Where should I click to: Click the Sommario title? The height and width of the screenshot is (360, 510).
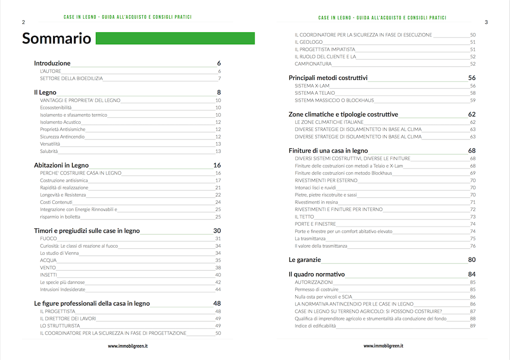coord(57,38)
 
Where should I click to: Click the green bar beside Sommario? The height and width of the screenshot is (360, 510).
coord(175,38)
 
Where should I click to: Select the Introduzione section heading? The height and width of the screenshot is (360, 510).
coord(52,63)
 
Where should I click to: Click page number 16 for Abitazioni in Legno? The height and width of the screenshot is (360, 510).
coord(217,165)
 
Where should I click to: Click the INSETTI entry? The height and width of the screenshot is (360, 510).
coord(48,275)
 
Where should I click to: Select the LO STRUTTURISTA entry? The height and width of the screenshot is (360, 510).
coord(60,326)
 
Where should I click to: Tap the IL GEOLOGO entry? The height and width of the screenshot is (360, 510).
coord(309,42)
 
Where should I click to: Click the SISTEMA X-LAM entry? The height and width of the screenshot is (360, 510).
coord(312,85)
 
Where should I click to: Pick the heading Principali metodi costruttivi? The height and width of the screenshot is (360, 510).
coord(328,78)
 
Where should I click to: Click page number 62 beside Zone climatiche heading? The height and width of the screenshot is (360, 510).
coord(472,114)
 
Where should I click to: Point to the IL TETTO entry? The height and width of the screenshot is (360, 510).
coord(304,217)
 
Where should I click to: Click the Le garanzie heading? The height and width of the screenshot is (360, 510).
coord(305,260)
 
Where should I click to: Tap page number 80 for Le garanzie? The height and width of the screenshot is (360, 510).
coord(472,260)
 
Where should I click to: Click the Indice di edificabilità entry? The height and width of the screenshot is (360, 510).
coord(315,326)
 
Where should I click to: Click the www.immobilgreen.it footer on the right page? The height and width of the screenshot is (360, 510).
coord(383,346)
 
